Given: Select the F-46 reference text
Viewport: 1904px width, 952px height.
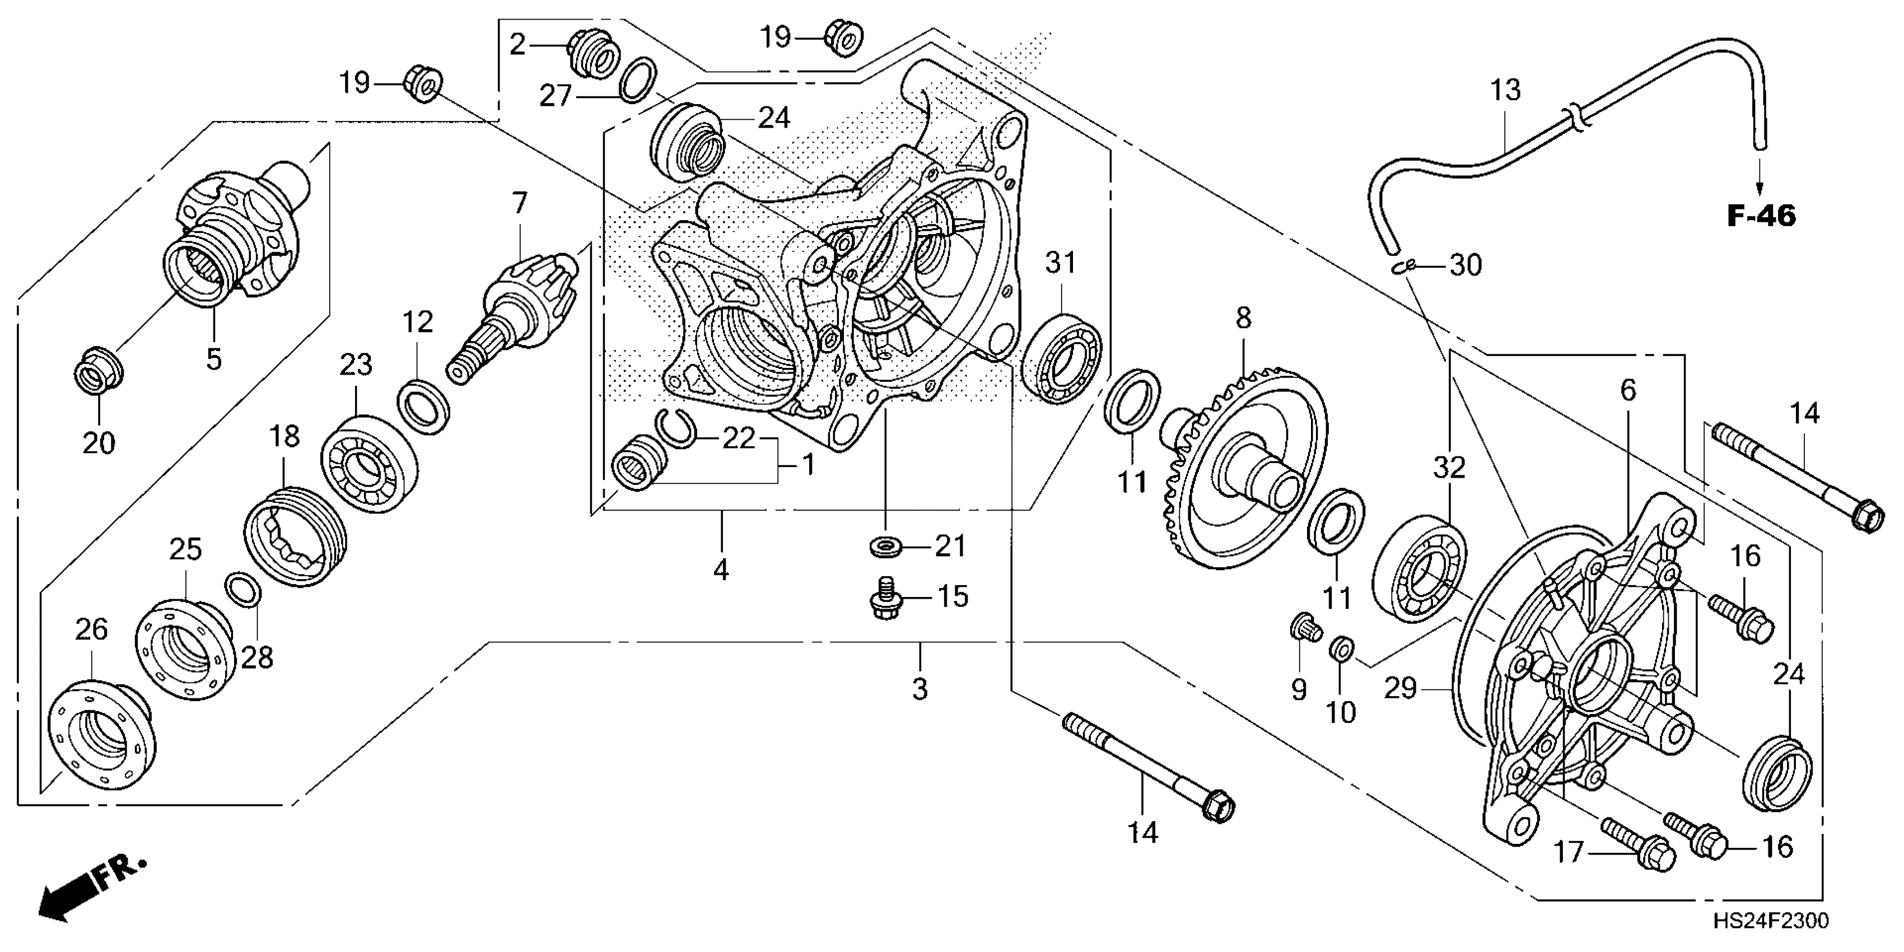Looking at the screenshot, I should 1761,216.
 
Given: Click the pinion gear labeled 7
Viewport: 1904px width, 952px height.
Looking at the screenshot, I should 517,310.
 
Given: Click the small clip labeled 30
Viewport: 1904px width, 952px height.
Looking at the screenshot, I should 1403,268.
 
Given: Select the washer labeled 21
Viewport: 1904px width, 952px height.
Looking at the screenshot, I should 885,548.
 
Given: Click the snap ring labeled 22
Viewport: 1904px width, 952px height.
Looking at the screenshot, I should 676,429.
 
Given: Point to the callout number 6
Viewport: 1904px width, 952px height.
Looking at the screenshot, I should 1628,390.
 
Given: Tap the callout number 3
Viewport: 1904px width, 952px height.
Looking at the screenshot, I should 920,689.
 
